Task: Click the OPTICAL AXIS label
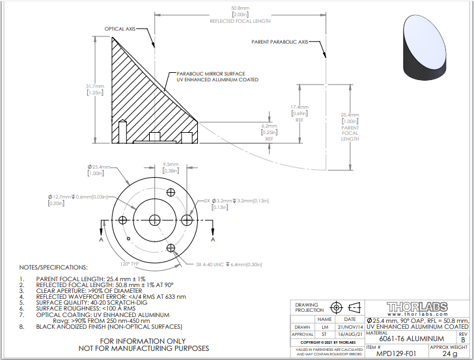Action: point(122,29)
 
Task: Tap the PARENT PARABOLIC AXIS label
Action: point(279,42)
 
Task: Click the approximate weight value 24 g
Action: point(449,353)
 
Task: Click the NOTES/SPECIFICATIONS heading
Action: point(52,268)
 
